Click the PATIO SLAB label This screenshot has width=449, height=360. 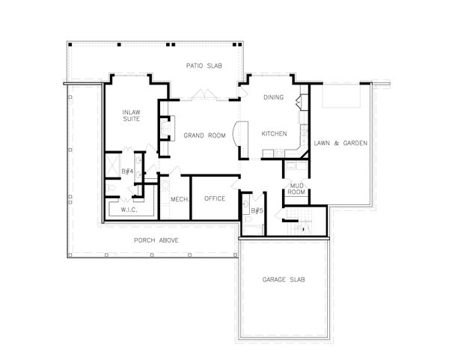pos(201,67)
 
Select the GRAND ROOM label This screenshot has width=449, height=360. pos(204,135)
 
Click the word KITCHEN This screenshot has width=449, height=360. pos(274,133)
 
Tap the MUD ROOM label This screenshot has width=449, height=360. pos(297,189)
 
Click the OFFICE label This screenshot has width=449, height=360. pos(215,199)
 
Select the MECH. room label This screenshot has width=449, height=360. pos(179,199)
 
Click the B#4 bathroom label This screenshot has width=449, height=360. pos(127,171)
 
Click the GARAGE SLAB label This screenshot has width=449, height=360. pos(283,279)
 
